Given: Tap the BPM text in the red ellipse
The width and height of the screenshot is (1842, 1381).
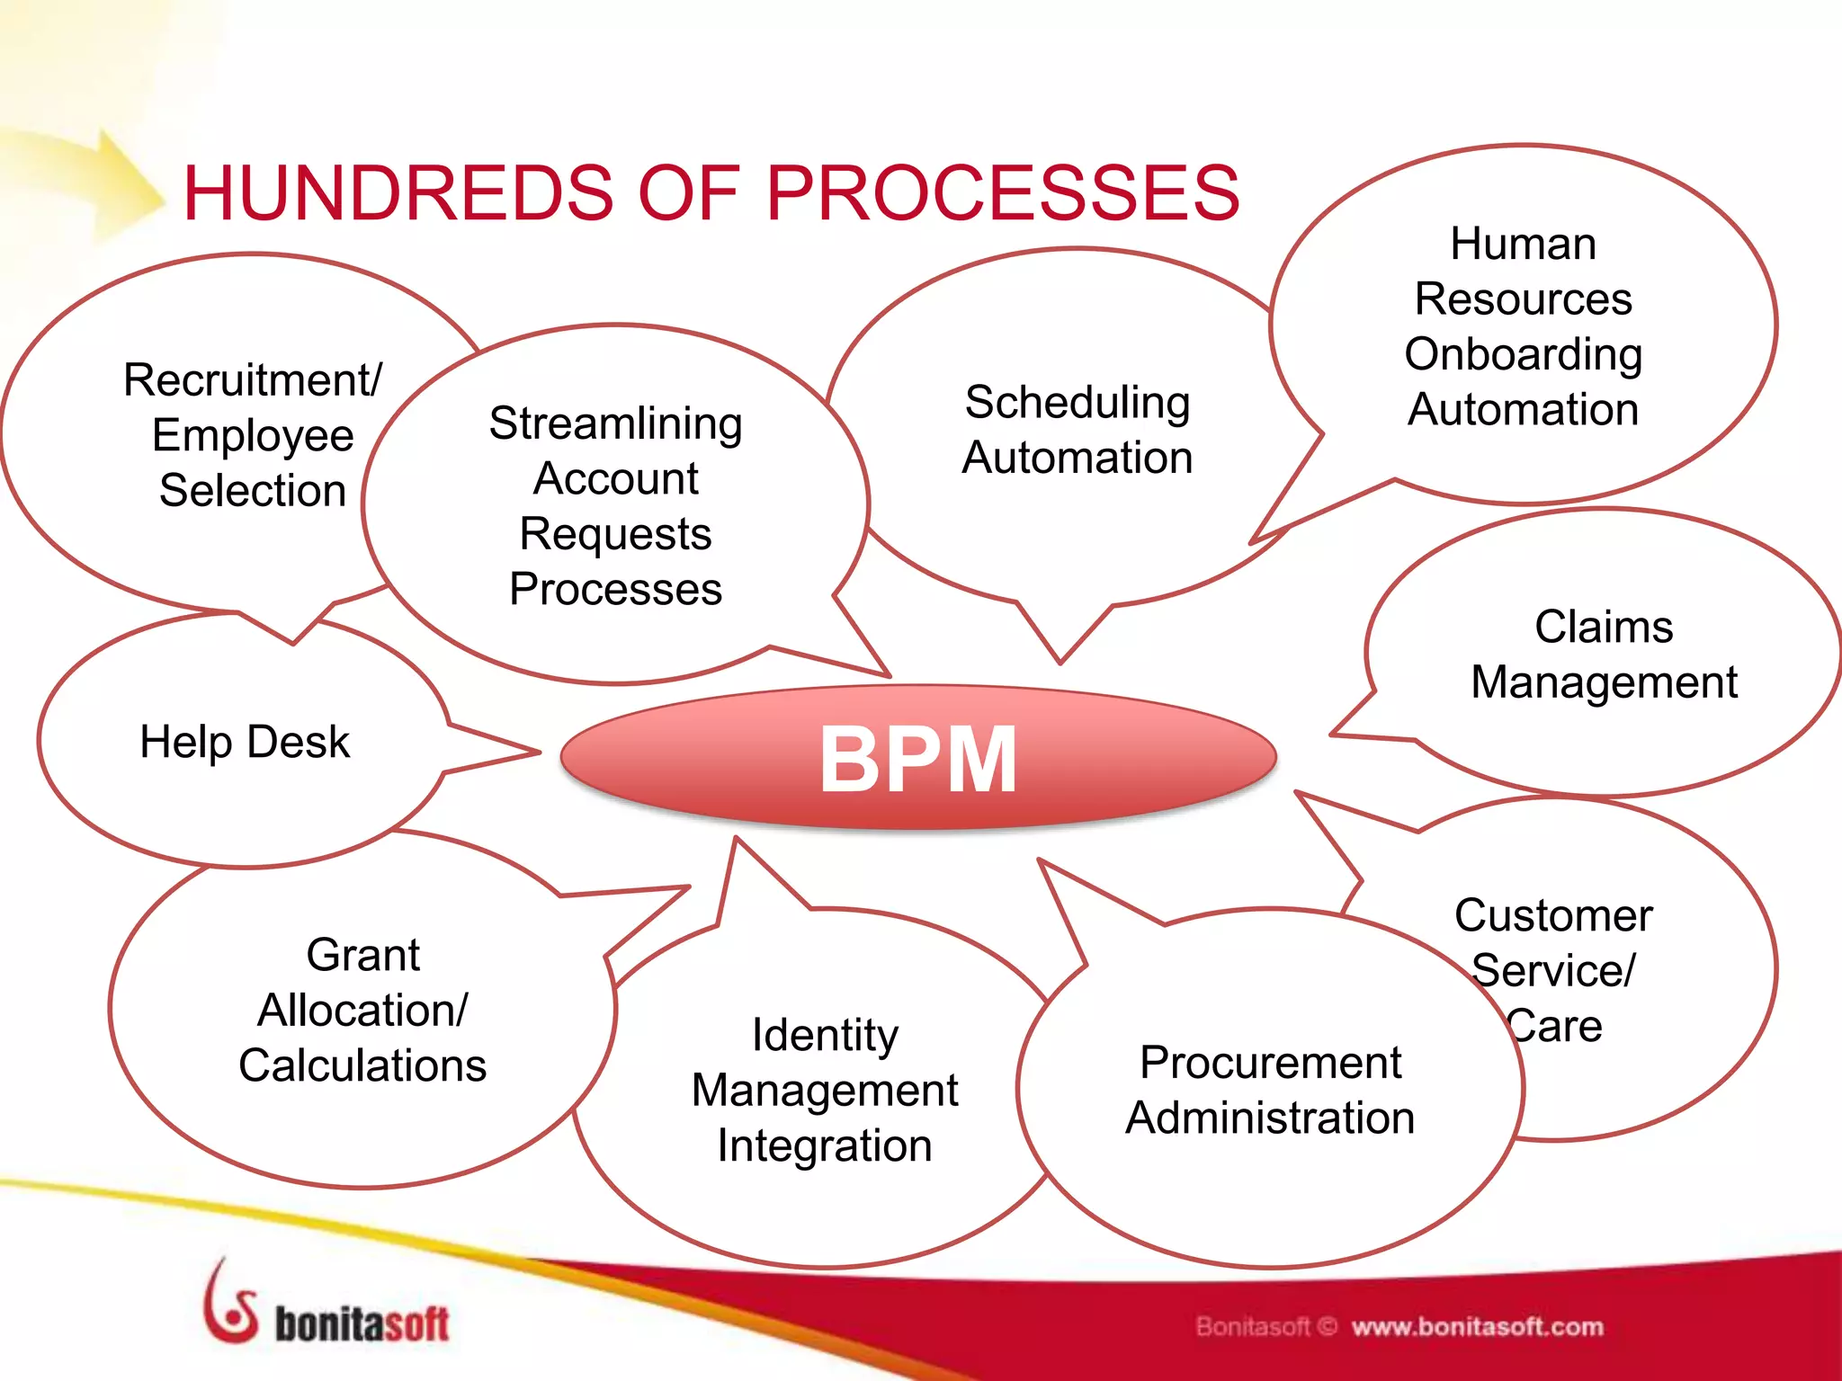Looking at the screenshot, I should pos(917,760).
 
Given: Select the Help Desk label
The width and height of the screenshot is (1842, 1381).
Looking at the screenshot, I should pos(245,743).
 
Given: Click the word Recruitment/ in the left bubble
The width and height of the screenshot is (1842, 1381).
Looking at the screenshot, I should pos(253,380).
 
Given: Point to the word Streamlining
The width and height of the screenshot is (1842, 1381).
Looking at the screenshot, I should pos(616,423).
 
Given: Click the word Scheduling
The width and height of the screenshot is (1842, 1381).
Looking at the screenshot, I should pos(1077,403).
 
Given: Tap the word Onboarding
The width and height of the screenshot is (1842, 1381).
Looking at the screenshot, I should pos(1524,354).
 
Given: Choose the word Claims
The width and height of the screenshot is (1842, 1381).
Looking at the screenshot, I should pos(1604,627).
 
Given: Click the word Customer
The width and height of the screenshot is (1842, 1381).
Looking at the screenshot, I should pos(1553,916).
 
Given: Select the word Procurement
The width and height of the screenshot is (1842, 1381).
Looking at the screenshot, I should pos(1270,1063).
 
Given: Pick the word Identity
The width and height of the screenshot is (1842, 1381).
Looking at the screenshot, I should pos(825,1035).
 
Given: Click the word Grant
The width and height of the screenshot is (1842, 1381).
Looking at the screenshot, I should pos(363,955).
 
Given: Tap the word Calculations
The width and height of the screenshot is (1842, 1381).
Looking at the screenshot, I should pos(362,1066).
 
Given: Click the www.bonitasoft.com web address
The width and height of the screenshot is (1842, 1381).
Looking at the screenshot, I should pos(1477,1327).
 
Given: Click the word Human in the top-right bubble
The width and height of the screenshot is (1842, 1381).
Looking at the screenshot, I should pos(1524,245).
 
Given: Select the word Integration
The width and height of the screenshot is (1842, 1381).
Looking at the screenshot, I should pos(825,1146).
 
